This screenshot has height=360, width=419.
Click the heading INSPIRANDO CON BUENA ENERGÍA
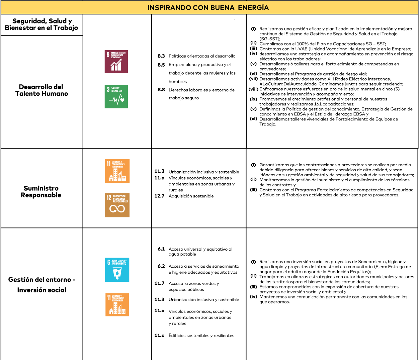[x=208, y=7]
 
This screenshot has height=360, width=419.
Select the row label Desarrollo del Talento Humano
[x=41, y=90]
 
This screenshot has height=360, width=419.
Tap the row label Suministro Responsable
[x=41, y=192]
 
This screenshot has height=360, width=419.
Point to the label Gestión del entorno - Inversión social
[x=41, y=285]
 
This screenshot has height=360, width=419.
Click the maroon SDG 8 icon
[x=116, y=62]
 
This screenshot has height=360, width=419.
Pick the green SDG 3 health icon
[x=116, y=97]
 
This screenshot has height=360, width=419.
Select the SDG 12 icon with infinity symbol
[x=117, y=205]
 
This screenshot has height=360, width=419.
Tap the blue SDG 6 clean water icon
[x=117, y=270]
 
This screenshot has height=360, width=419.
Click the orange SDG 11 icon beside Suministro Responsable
[x=117, y=171]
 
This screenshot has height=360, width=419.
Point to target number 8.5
[x=161, y=65]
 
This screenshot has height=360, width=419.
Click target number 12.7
[x=159, y=196]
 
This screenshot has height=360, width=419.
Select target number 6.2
[x=161, y=266]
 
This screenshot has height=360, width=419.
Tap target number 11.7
[x=159, y=283]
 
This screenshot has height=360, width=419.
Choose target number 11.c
[x=159, y=336]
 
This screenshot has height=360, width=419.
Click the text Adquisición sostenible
[x=191, y=196]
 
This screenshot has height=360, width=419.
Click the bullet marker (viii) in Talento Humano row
[x=253, y=89]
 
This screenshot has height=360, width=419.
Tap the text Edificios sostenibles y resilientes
[x=201, y=336]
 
